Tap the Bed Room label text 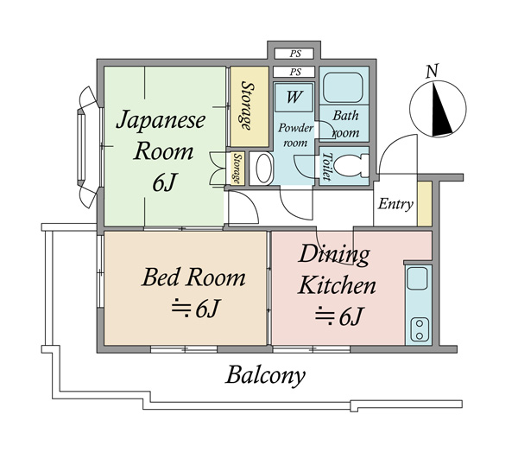click(x=193, y=277)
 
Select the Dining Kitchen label click(x=336, y=271)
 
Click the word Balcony click(x=266, y=376)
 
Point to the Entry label click(x=396, y=205)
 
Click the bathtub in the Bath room click(x=344, y=89)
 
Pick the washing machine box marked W click(x=294, y=97)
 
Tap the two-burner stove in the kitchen click(x=418, y=329)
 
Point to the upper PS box click(x=294, y=53)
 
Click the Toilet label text click(x=326, y=166)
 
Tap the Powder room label click(x=294, y=135)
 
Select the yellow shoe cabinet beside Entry click(x=423, y=205)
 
